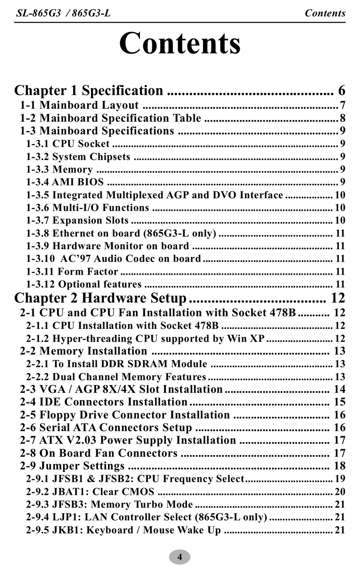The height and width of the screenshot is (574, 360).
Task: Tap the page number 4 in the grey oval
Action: tap(180, 557)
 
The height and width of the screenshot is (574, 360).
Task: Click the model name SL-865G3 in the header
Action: tap(38, 13)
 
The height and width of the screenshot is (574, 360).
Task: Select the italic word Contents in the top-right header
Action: tap(325, 13)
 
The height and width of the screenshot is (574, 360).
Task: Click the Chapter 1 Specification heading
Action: tap(89, 91)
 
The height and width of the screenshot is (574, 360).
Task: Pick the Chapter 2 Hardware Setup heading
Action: tap(100, 298)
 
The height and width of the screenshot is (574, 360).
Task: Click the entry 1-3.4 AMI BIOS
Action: tap(65, 182)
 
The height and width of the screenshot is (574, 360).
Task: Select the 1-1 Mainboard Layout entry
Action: tap(79, 105)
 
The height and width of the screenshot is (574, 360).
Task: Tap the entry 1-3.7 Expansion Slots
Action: tap(77, 221)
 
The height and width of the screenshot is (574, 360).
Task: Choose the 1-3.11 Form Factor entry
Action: tap(72, 272)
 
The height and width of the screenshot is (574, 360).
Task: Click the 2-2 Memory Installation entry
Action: tap(83, 351)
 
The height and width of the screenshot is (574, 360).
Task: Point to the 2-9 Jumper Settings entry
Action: tap(72, 466)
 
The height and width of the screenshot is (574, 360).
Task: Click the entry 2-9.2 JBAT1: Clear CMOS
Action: tap(90, 492)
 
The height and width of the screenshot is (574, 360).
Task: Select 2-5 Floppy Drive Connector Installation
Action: tap(125, 415)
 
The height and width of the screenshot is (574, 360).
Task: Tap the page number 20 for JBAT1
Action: tap(340, 492)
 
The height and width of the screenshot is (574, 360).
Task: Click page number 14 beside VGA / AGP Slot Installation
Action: tap(340, 389)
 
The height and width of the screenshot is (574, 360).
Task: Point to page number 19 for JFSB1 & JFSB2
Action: tap(340, 479)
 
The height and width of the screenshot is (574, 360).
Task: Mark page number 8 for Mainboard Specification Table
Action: tap(343, 118)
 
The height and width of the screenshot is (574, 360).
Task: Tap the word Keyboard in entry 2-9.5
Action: tap(110, 530)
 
